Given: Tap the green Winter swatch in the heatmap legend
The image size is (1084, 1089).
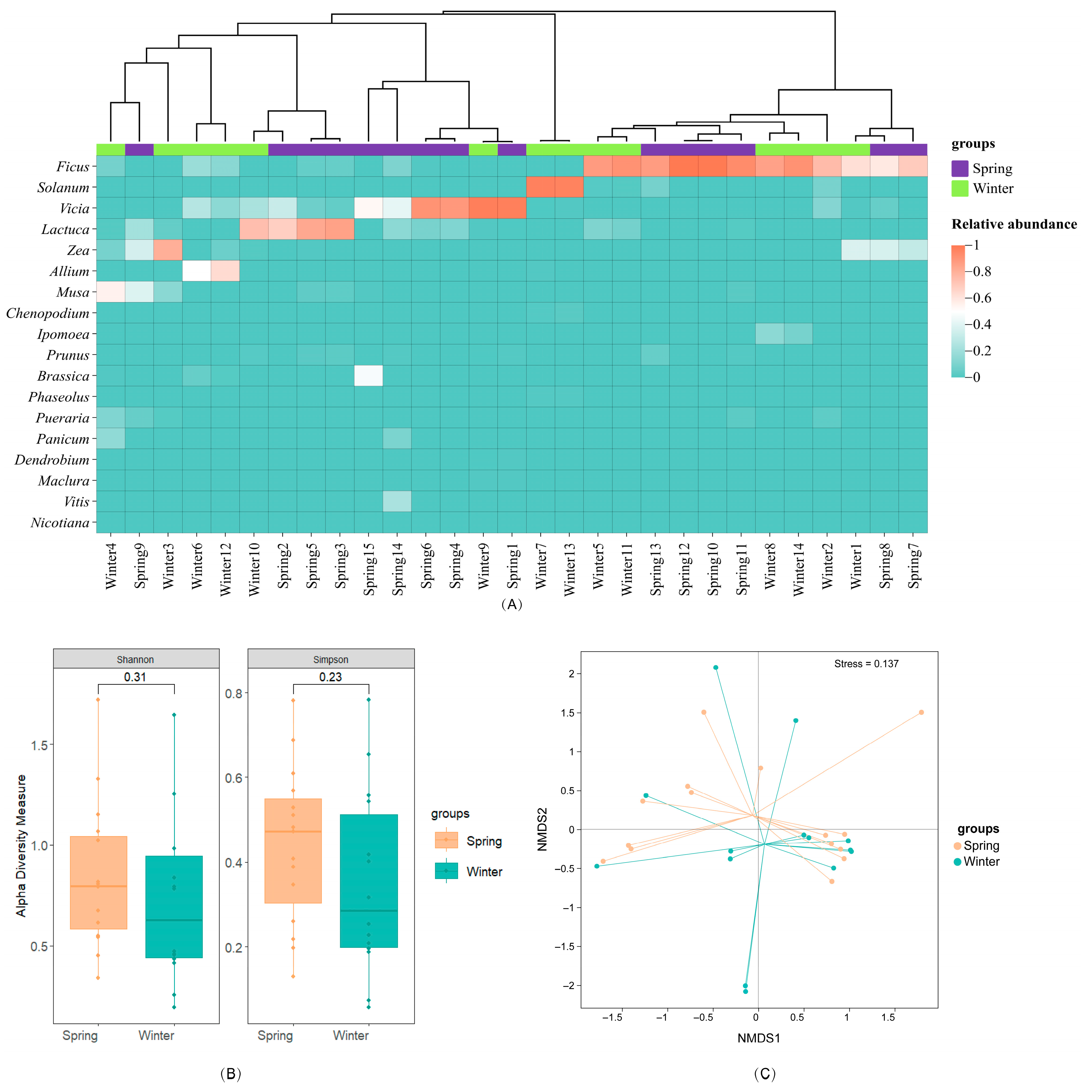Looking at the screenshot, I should click(959, 188).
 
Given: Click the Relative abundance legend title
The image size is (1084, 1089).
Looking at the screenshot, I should click(1014, 224).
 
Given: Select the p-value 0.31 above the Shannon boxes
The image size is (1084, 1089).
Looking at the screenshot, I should click(135, 677).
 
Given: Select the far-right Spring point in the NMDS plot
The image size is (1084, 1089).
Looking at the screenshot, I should click(921, 713).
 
